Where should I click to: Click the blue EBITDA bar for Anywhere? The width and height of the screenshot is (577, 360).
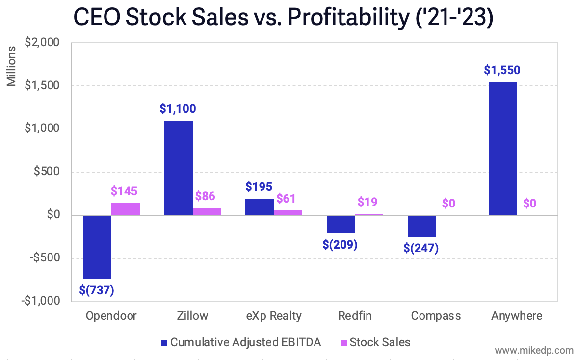click(x=503, y=148)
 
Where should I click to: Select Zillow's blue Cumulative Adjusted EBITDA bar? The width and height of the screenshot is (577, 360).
click(x=178, y=168)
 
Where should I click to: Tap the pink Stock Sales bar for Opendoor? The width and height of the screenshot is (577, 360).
click(x=125, y=209)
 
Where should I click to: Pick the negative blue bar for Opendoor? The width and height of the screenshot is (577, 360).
click(x=97, y=247)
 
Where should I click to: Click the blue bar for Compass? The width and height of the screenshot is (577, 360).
click(x=422, y=226)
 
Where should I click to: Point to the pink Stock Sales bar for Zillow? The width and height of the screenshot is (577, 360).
click(x=207, y=211)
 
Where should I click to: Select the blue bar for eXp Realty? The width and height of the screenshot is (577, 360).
click(x=259, y=206)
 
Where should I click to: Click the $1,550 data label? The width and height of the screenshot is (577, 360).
click(x=502, y=70)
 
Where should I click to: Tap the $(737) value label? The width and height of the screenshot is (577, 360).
click(x=97, y=290)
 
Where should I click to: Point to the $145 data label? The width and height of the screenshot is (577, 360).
click(x=124, y=191)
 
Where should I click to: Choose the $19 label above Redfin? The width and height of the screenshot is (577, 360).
click(x=367, y=202)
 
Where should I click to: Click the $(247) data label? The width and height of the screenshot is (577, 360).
click(x=421, y=248)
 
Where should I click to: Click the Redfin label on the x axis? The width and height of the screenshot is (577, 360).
click(x=355, y=316)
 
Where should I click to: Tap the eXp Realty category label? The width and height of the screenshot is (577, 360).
click(x=274, y=316)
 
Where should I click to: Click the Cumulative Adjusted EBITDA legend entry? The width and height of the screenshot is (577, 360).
click(x=240, y=342)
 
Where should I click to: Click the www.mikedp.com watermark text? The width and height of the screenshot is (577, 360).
click(x=534, y=351)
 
